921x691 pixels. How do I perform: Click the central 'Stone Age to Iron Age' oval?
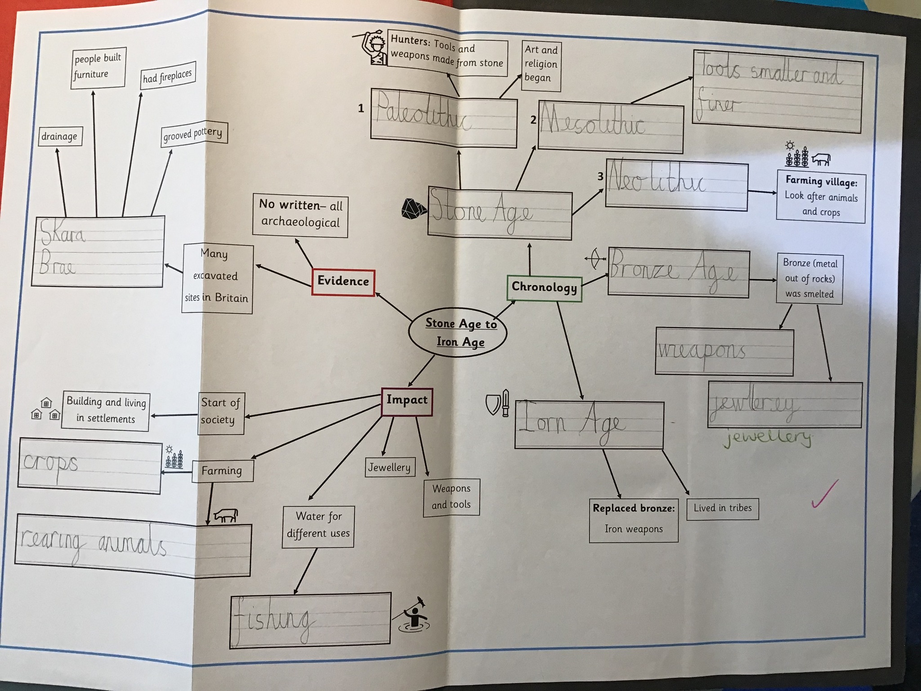coord(458,332)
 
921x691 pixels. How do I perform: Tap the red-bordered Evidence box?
coord(343,282)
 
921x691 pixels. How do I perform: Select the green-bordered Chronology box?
coord(544,287)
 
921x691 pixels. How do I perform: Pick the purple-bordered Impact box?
coord(407,401)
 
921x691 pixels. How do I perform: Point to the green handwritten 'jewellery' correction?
coord(767,437)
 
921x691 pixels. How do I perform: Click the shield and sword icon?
coord(498,403)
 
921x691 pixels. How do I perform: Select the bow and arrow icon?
coord(595,259)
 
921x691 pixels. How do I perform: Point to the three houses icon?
coord(45,409)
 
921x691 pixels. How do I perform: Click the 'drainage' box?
coord(59,136)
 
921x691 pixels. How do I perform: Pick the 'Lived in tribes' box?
coord(722,508)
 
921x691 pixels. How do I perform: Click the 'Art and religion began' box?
coord(541,64)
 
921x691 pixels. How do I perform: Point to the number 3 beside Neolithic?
coord(600,176)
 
